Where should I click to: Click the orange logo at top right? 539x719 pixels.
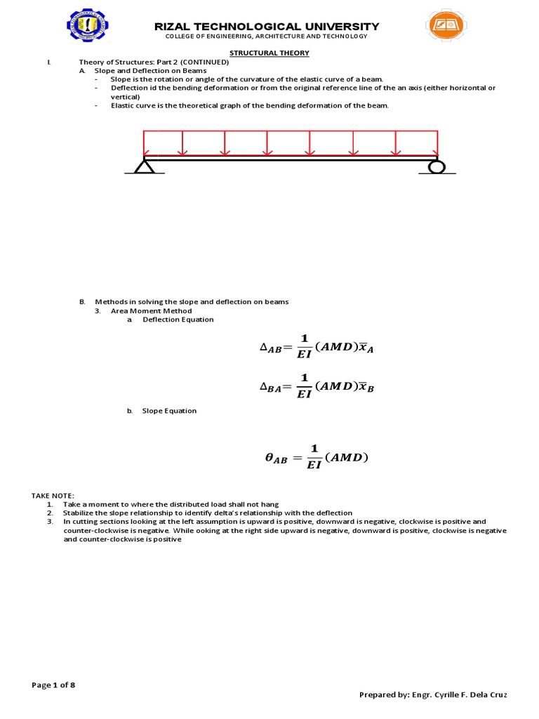point(447,28)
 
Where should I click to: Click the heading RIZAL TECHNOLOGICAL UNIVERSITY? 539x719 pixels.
point(267,27)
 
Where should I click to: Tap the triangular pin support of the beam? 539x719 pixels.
point(144,166)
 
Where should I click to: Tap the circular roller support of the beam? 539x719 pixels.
point(437,166)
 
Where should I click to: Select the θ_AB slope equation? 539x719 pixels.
point(316,458)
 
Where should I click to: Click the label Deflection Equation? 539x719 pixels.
point(178,319)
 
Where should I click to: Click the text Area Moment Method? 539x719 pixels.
point(151,310)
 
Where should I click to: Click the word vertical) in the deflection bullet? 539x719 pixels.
point(125,97)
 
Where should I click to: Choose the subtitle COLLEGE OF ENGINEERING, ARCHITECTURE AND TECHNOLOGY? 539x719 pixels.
point(266,37)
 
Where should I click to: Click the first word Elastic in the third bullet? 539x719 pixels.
point(121,105)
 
